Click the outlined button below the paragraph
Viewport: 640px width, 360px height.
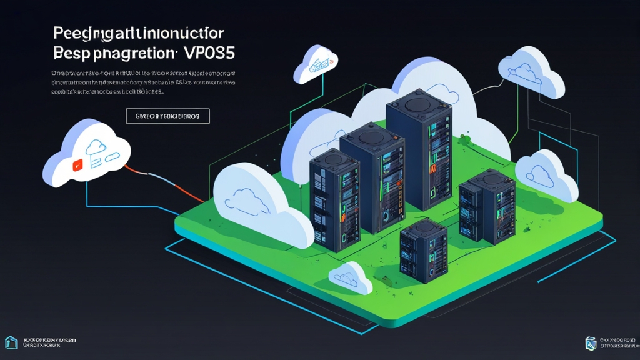(167, 116)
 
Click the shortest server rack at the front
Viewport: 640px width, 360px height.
(424, 250)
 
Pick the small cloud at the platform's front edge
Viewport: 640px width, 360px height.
(351, 278)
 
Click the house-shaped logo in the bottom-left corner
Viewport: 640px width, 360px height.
(11, 342)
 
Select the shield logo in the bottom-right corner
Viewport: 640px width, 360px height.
(591, 342)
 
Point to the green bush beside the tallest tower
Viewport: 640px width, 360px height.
(464, 139)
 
